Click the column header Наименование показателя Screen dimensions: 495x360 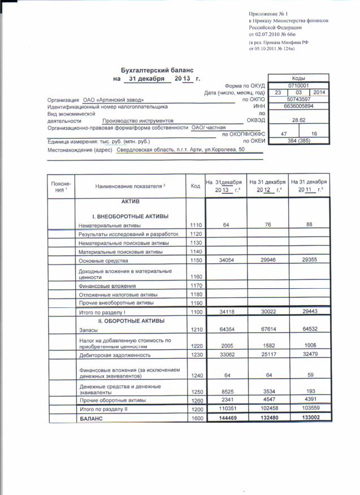[x=129, y=186]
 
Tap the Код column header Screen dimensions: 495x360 [x=196, y=186]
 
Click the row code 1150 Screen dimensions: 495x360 [x=196, y=261]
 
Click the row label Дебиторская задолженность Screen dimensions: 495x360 [x=115, y=355]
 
